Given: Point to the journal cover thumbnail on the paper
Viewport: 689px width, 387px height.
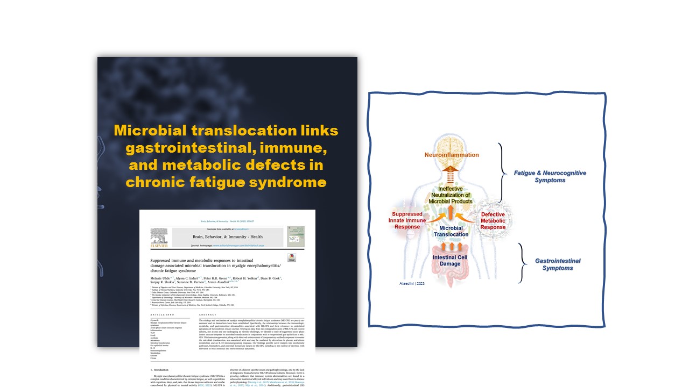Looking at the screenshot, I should coord(296,236).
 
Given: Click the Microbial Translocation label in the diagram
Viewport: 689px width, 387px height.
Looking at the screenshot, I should coord(451,231).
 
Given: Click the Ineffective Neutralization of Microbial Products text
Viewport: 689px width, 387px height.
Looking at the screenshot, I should coord(451,194).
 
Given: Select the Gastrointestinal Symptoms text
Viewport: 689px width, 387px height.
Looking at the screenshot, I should coord(558,264).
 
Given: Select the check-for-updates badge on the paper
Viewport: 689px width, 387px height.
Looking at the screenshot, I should coord(292,257).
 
